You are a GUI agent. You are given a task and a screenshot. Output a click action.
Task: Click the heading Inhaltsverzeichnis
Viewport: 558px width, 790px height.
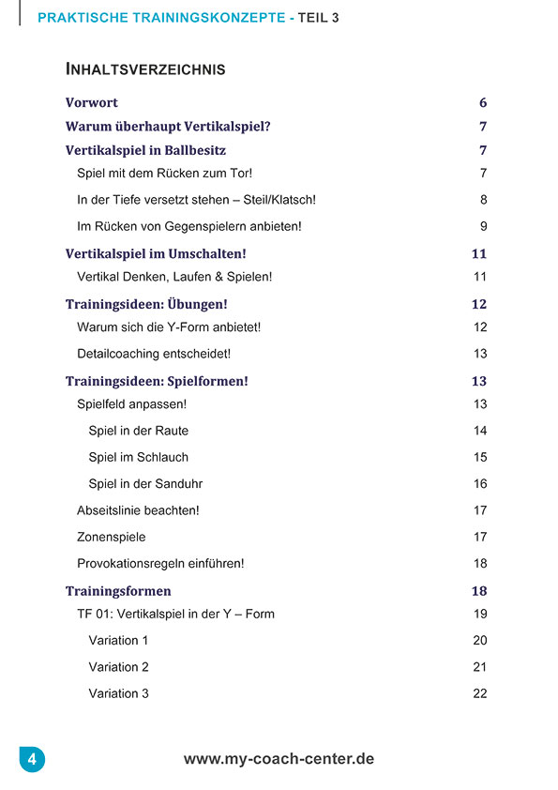pyautogui.click(x=145, y=69)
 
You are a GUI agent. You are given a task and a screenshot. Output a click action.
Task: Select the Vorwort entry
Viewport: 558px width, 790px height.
pyautogui.click(x=92, y=103)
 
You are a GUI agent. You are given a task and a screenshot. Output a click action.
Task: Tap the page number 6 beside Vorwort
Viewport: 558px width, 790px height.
pyautogui.click(x=483, y=103)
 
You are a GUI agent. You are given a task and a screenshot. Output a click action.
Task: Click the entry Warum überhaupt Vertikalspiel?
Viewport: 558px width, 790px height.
pyautogui.click(x=168, y=127)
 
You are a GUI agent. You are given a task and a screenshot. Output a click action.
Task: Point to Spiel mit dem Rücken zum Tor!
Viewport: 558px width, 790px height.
pyautogui.click(x=164, y=174)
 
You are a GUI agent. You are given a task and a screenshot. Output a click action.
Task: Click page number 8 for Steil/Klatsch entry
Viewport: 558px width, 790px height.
pyautogui.click(x=483, y=200)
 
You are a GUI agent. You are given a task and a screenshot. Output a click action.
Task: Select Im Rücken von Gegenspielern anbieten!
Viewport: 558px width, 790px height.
pyautogui.click(x=189, y=226)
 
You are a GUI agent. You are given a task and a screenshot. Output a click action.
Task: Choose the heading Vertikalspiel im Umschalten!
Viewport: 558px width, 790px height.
pyautogui.click(x=156, y=254)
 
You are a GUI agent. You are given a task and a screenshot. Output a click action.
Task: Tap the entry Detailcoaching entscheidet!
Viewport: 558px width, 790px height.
pyautogui.click(x=154, y=354)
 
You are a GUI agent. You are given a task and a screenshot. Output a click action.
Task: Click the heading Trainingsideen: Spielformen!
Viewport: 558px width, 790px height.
pyautogui.click(x=158, y=382)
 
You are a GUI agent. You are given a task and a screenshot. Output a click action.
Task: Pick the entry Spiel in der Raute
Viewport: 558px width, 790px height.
pyautogui.click(x=138, y=431)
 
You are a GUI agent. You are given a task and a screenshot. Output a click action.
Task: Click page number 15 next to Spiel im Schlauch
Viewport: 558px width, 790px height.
pyautogui.click(x=480, y=458)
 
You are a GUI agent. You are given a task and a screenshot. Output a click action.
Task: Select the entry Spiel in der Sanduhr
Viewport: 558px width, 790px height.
pyautogui.click(x=145, y=484)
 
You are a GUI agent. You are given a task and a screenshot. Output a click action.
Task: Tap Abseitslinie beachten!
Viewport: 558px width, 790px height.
pyautogui.click(x=138, y=510)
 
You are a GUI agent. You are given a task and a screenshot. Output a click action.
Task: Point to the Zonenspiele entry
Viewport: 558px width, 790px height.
pyautogui.click(x=112, y=538)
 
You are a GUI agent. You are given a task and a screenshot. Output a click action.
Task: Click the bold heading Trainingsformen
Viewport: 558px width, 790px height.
pyautogui.click(x=118, y=592)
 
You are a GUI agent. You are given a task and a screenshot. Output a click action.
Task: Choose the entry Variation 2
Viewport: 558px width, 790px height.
pyautogui.click(x=119, y=667)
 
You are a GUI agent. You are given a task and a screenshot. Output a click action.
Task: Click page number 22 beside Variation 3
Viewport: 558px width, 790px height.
pyautogui.click(x=480, y=694)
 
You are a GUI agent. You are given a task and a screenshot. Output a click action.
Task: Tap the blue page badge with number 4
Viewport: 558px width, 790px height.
pyautogui.click(x=32, y=759)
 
